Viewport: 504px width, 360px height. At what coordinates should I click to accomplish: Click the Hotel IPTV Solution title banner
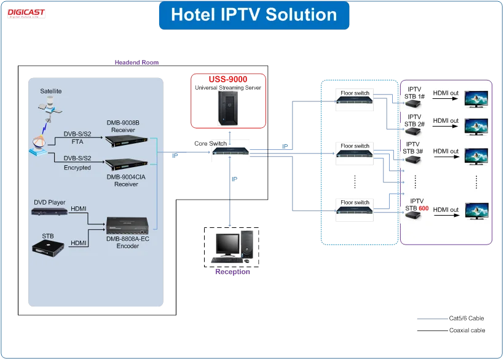tap(253, 15)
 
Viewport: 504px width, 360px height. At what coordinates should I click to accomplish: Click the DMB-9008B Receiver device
tap(127, 141)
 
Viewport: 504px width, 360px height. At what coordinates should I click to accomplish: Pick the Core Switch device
tap(231, 154)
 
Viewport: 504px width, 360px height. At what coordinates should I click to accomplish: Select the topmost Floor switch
tap(355, 101)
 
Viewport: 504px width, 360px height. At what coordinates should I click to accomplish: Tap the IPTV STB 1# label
tap(414, 93)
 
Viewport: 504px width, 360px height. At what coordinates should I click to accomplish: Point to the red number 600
tap(423, 208)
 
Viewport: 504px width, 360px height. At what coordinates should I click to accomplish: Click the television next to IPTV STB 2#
tap(476, 125)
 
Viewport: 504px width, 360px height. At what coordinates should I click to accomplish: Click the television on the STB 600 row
tap(476, 211)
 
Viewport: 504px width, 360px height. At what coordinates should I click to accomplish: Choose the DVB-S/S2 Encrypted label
tap(77, 163)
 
